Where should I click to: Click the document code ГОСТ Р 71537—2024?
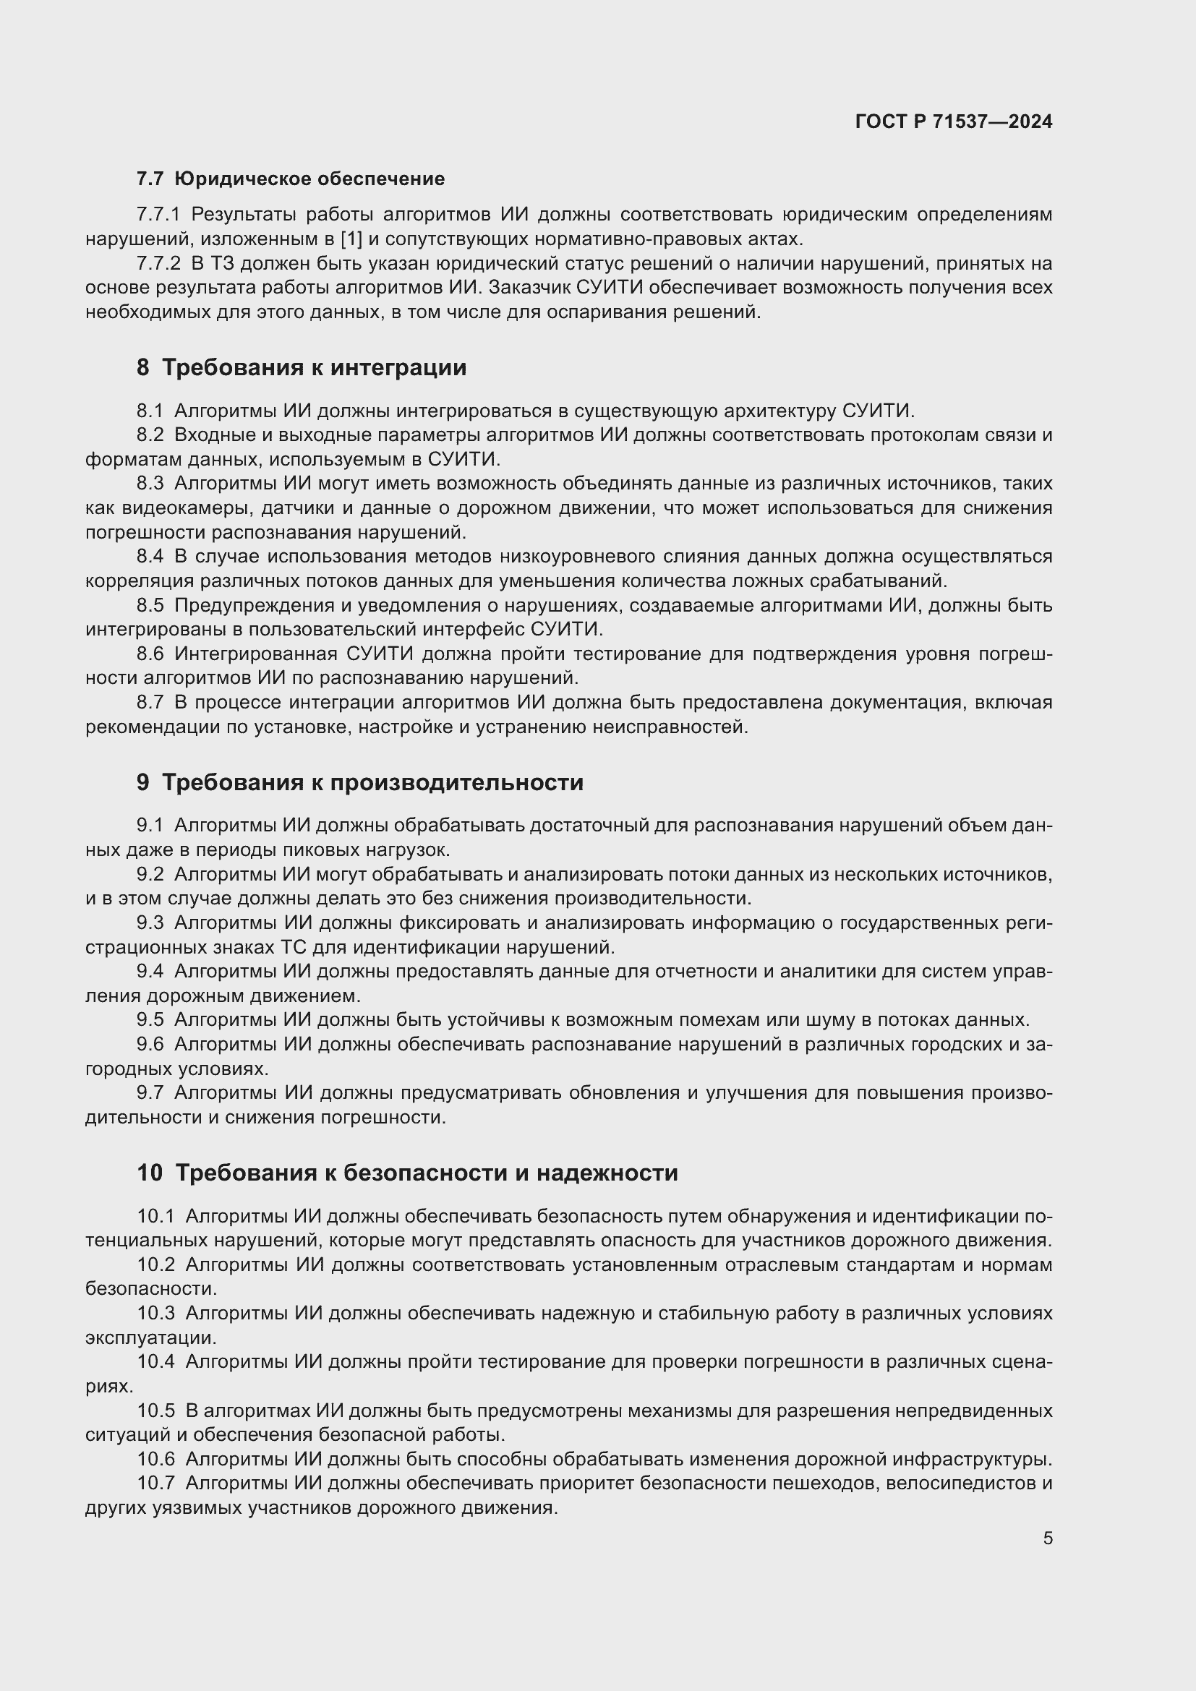click(954, 122)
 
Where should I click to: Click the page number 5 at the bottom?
click(1047, 1538)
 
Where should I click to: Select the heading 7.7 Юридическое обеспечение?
click(291, 179)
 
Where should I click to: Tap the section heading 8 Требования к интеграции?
click(302, 367)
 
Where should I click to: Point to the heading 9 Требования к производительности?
click(360, 782)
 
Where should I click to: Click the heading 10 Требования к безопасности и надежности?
click(407, 1173)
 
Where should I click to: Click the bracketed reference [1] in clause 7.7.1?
click(351, 239)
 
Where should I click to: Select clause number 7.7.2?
click(158, 264)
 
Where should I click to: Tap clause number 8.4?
click(150, 556)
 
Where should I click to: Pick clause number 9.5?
click(150, 1020)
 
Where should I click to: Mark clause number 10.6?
click(155, 1459)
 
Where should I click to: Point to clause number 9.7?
click(150, 1093)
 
